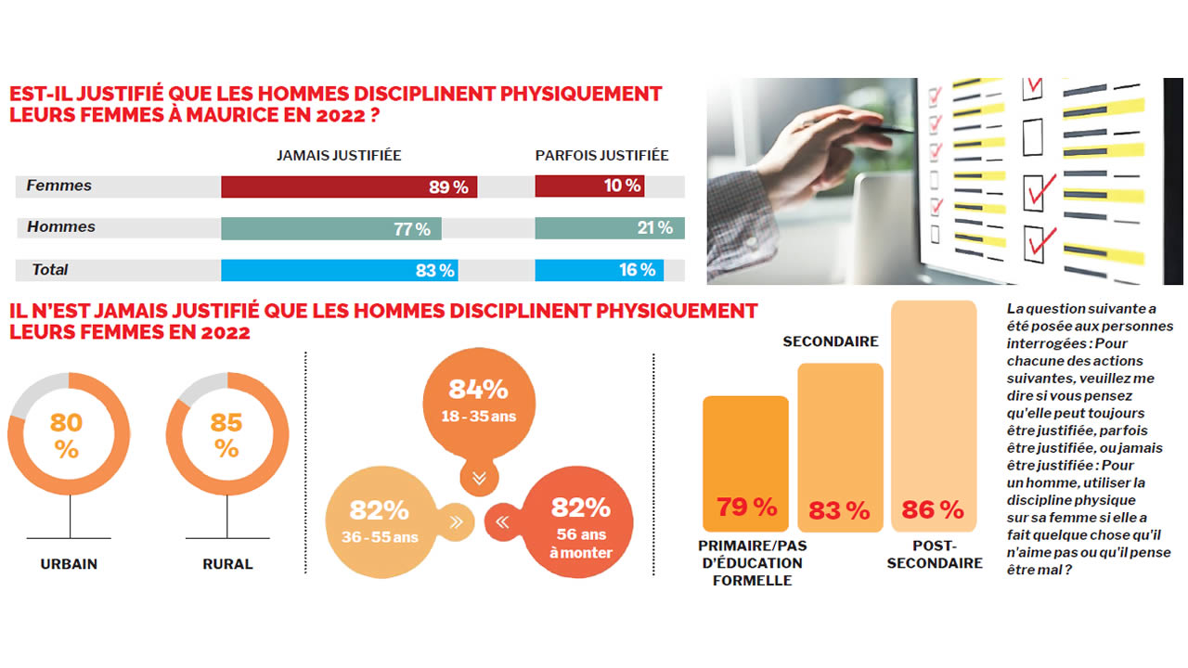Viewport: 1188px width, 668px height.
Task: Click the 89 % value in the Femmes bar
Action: coord(449,186)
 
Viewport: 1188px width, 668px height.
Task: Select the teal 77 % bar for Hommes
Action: coord(331,228)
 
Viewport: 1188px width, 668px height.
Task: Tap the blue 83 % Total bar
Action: coord(340,270)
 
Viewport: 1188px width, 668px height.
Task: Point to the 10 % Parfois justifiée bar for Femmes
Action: coord(589,186)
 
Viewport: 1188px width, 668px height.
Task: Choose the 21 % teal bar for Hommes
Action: coord(610,228)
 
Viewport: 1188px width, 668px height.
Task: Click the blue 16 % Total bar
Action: coord(600,270)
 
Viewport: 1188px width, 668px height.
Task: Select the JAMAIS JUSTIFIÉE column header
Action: coord(339,156)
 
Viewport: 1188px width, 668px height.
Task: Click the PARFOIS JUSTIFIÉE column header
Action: coord(601,156)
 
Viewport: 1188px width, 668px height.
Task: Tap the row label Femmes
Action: coord(59,186)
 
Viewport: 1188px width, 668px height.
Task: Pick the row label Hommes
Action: coord(61,227)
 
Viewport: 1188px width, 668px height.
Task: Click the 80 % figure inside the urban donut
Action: coord(67,436)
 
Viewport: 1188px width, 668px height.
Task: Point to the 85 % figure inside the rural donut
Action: coord(226,436)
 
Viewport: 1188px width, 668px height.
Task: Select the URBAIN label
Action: coord(69,564)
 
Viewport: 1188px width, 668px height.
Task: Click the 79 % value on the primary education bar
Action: coord(746,507)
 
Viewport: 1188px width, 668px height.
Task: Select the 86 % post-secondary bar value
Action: coord(933,509)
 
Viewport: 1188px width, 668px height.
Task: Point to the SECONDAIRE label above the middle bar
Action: coord(831,341)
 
